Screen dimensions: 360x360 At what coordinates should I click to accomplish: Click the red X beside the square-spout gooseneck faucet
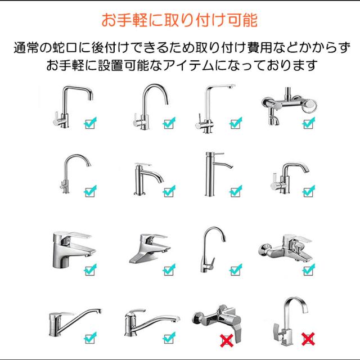pos(308,340)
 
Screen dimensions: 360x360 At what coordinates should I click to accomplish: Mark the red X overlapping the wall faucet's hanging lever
pos(227,341)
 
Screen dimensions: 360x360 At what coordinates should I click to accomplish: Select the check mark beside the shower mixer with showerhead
pos(309,123)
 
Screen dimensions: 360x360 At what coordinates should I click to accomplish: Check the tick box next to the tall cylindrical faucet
pos(236,191)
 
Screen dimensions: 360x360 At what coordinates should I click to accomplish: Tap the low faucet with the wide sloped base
pos(150,249)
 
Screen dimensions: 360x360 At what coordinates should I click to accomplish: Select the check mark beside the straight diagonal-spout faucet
pos(90,337)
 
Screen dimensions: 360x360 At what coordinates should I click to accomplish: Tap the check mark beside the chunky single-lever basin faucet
pos(90,270)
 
